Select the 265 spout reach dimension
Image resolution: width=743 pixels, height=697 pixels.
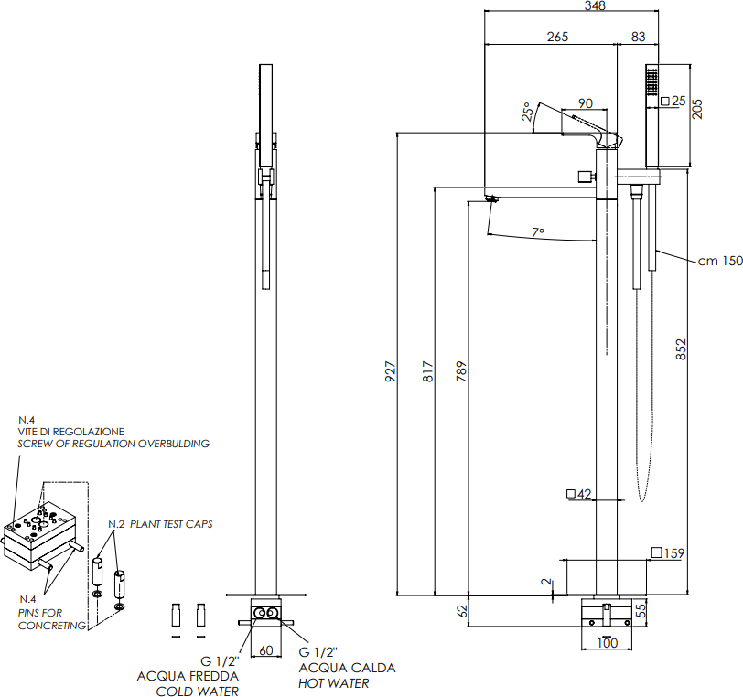[557, 37]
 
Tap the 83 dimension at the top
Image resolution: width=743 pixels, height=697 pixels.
[637, 37]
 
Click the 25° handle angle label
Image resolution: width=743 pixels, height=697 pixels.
[528, 112]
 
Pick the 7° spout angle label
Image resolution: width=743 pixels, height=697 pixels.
[538, 232]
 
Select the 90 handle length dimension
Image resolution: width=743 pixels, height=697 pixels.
[585, 102]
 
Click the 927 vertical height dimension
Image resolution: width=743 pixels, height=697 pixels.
[390, 370]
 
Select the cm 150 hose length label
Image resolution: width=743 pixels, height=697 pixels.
[719, 261]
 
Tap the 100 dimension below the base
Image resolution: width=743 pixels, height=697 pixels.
[608, 642]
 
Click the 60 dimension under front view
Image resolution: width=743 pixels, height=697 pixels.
[265, 650]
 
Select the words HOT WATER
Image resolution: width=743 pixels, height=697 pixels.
[334, 682]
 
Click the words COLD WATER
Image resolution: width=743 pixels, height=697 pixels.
[198, 691]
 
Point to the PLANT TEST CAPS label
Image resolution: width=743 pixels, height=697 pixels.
[171, 524]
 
